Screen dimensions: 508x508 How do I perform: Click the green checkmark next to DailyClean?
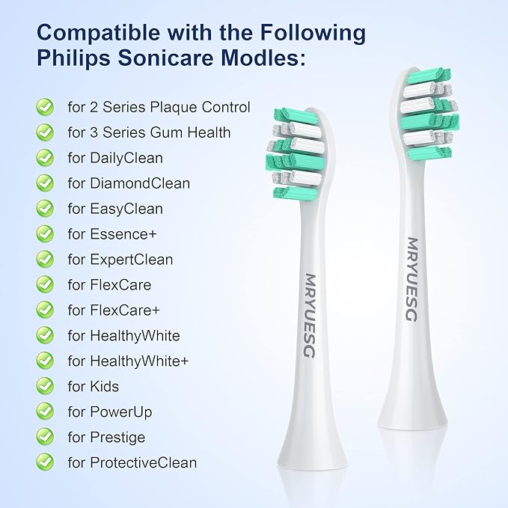pos(45,158)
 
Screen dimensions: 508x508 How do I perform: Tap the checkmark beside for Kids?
pos(45,386)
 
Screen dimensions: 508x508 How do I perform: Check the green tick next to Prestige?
pos(45,437)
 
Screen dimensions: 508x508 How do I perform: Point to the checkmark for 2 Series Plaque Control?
pos(45,107)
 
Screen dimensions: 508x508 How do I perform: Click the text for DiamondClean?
pos(129,183)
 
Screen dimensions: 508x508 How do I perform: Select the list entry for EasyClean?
pos(115,209)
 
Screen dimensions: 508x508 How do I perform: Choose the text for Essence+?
pos(112,234)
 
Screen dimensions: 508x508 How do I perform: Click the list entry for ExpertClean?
pos(120,260)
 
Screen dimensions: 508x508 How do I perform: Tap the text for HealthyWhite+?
pos(128,361)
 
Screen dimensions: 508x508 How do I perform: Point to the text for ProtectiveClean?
pos(132,462)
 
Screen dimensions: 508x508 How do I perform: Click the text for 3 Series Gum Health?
pos(149,132)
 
